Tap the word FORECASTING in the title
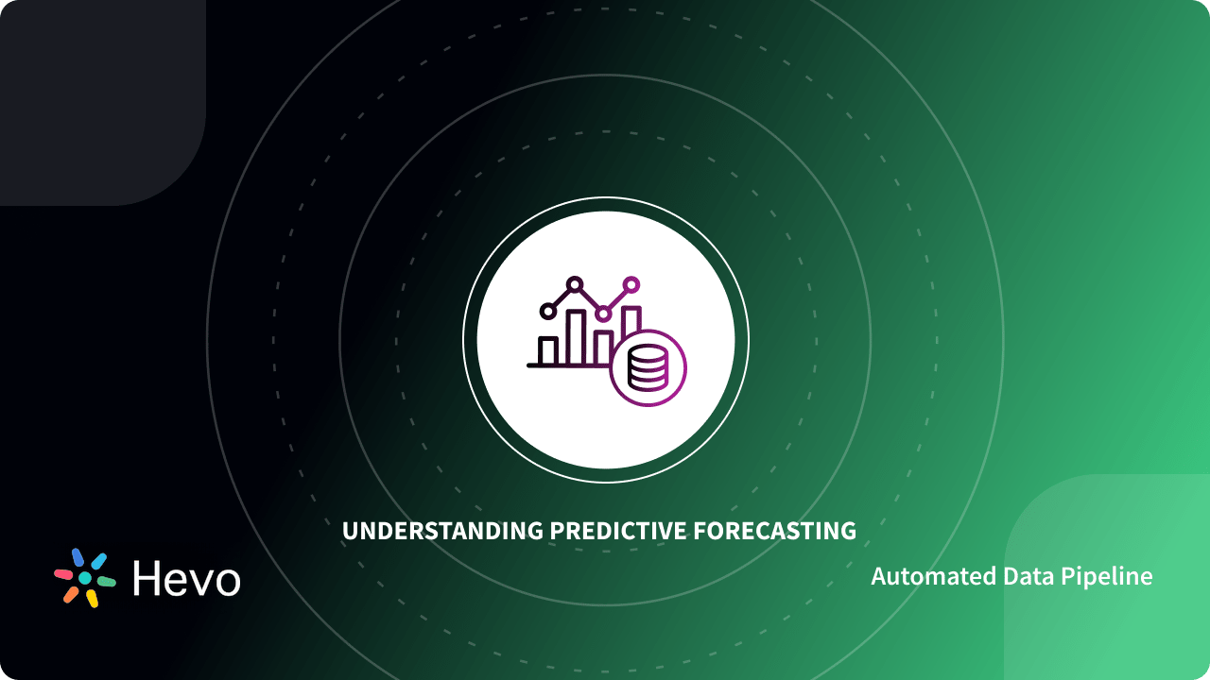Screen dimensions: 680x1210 pyautogui.click(x=774, y=531)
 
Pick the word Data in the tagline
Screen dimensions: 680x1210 pyautogui.click(x=1025, y=576)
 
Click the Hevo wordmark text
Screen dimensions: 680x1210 pyautogui.click(x=186, y=578)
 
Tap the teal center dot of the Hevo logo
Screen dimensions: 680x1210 pyautogui.click(x=85, y=578)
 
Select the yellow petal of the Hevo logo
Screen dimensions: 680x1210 pyautogui.click(x=92, y=598)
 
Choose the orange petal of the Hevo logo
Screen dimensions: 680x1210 pyautogui.click(x=71, y=594)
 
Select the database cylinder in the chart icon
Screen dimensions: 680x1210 pyautogui.click(x=648, y=367)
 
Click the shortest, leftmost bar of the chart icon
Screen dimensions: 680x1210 pyautogui.click(x=547, y=350)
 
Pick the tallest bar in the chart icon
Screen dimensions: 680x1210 pyautogui.click(x=575, y=336)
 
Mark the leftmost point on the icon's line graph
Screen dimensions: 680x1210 pyautogui.click(x=546, y=310)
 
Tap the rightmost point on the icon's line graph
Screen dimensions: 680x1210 pyautogui.click(x=631, y=283)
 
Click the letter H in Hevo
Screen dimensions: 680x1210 pyautogui.click(x=147, y=578)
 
